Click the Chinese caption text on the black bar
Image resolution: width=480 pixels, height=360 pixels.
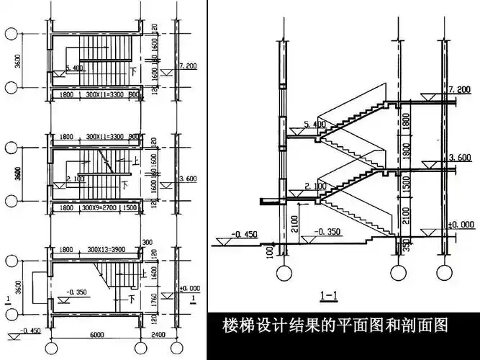pos(337,325)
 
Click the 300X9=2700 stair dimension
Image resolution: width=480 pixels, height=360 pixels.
pos(101,208)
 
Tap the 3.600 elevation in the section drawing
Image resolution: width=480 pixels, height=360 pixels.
pos(458,158)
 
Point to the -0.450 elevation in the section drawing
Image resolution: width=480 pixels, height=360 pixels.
pos(245,233)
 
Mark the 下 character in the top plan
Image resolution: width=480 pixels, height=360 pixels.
pos(133,73)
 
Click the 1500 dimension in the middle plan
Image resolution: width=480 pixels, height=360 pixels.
pos(130,208)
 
